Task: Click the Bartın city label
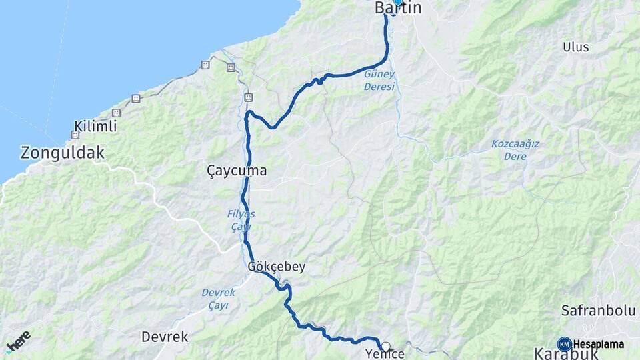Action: coord(398,9)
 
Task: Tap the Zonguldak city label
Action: coord(63,153)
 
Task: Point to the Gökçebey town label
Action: coord(276,267)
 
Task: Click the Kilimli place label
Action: coord(96,126)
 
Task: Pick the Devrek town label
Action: coord(165,337)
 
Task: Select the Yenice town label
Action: coord(385,354)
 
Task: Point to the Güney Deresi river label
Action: coord(379,81)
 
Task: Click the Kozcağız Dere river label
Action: coord(515,150)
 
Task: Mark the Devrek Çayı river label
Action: coord(215,299)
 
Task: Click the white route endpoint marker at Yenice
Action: coord(385,346)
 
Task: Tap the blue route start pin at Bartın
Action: coord(398,2)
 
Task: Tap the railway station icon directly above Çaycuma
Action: coord(248,97)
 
